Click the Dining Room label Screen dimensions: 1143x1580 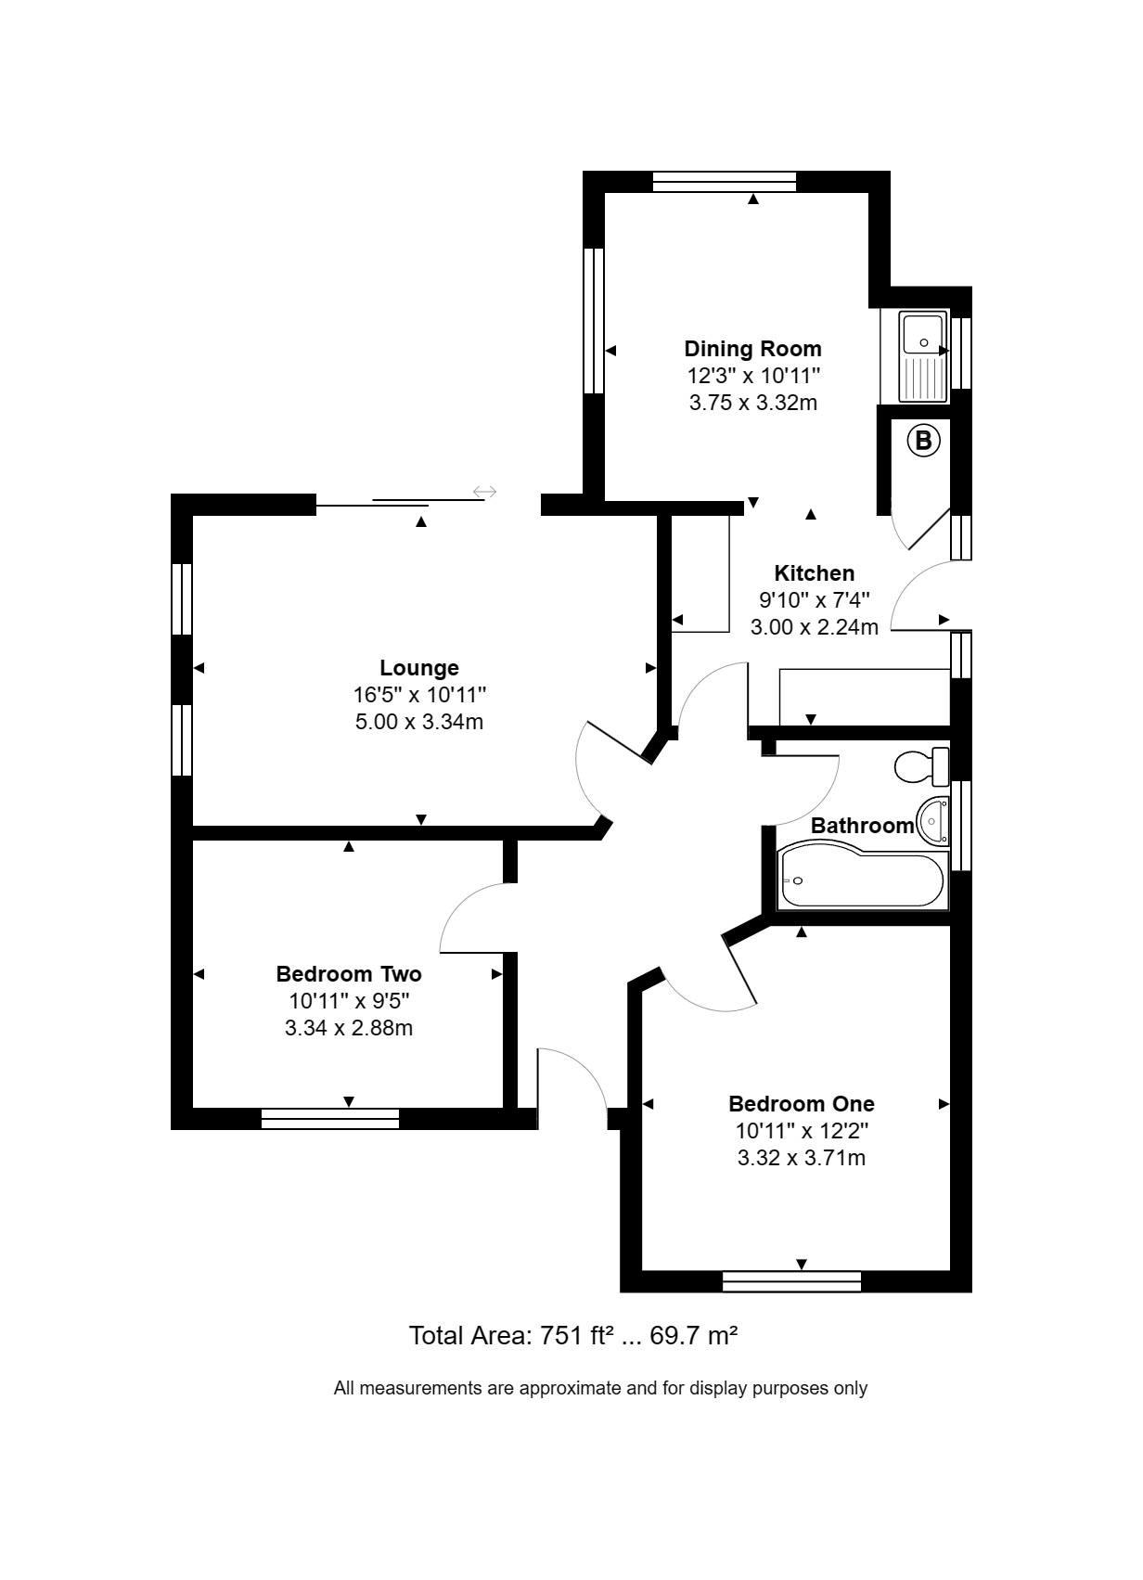point(752,349)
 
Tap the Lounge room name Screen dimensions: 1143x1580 point(419,668)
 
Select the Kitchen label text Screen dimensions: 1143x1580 point(815,573)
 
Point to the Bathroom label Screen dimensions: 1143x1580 point(862,826)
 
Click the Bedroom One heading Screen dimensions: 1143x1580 point(802,1104)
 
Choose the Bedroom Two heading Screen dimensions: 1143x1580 point(349,974)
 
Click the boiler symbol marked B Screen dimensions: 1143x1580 point(923,441)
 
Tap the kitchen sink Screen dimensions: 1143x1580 point(923,356)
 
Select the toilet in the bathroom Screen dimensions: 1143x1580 point(921,766)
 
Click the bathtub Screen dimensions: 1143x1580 point(862,878)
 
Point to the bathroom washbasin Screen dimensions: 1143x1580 point(932,821)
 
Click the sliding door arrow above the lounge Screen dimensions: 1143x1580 point(484,492)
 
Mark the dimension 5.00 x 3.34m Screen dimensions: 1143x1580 point(419,723)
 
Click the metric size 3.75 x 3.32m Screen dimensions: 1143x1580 point(752,403)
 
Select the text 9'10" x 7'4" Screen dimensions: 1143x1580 point(815,600)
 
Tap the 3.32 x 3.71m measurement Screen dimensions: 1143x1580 point(802,1158)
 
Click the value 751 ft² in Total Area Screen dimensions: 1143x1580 point(573,1335)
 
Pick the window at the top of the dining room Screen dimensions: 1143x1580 point(725,182)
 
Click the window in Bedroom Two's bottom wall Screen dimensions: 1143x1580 point(330,1119)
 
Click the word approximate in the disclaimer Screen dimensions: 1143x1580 point(571,1389)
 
